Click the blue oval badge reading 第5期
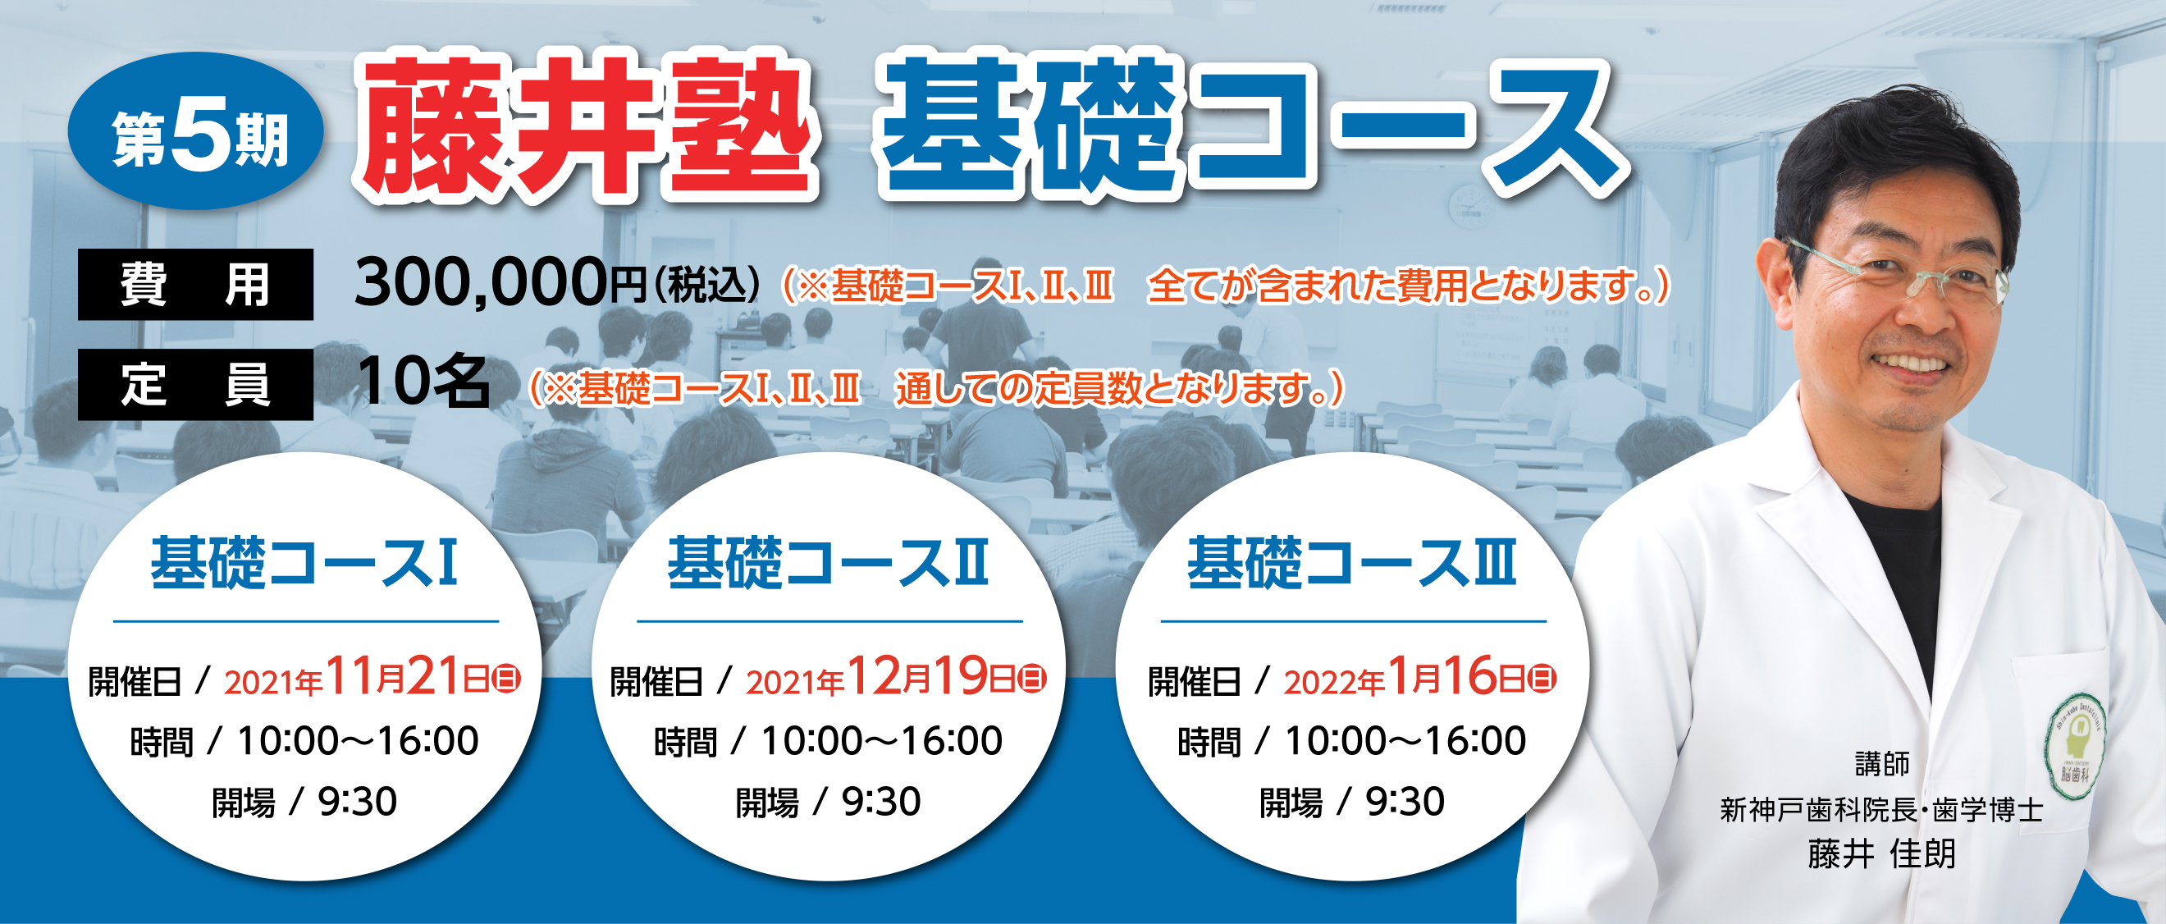(x=196, y=130)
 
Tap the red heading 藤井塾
(x=586, y=129)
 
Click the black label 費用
(x=195, y=284)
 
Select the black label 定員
(x=195, y=384)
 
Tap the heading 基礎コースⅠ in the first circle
(x=304, y=562)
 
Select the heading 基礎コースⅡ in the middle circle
(x=828, y=562)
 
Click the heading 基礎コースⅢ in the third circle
(x=1352, y=562)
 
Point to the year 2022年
(x=1333, y=682)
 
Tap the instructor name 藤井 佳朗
(x=1882, y=853)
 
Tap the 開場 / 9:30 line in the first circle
(x=304, y=802)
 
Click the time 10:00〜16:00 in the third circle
(x=1406, y=741)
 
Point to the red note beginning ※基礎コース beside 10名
(x=937, y=388)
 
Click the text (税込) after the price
(x=707, y=285)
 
